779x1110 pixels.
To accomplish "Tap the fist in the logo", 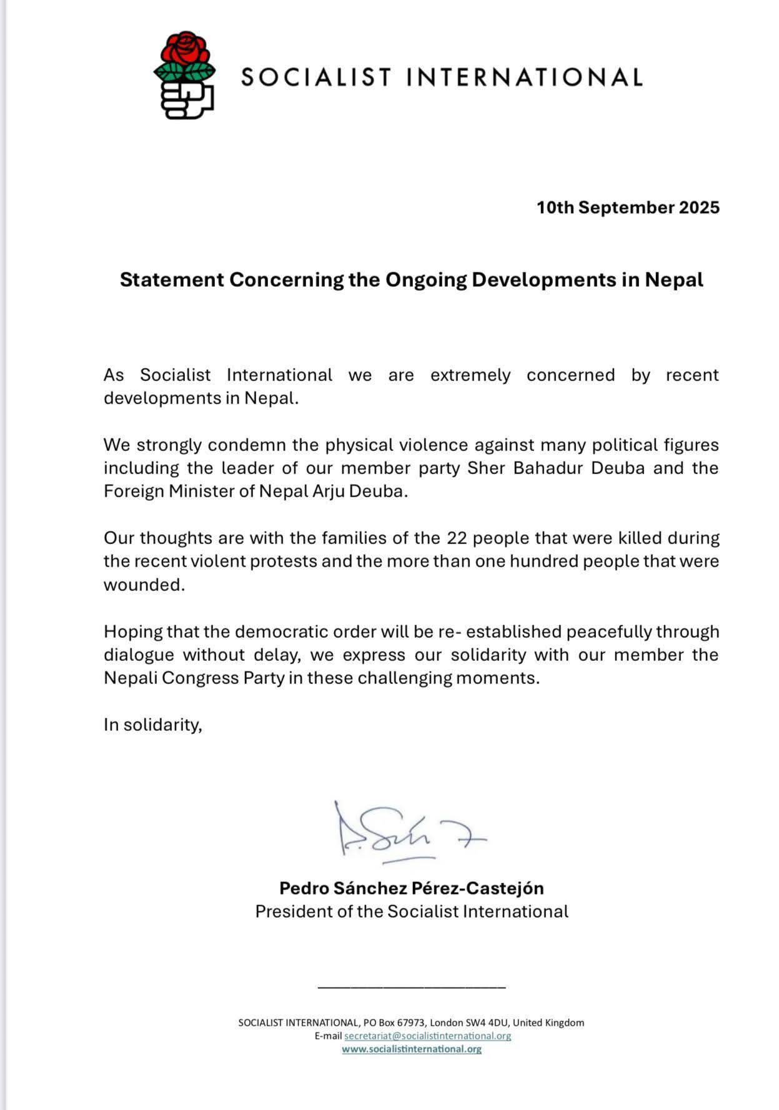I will tap(186, 99).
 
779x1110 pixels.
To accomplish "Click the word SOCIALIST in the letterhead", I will tap(316, 77).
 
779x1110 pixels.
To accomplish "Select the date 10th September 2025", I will tap(628, 207).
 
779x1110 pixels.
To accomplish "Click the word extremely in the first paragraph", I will tap(470, 375).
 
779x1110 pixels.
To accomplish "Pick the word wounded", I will tap(144, 585).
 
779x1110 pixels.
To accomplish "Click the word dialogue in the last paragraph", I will tap(139, 655).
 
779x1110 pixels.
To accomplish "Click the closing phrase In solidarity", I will tap(153, 725).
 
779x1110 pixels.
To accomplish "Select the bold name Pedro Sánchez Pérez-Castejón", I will tap(411, 888).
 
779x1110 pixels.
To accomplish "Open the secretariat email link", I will tap(427, 1036).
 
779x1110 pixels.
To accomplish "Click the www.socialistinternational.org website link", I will tap(411, 1049).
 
